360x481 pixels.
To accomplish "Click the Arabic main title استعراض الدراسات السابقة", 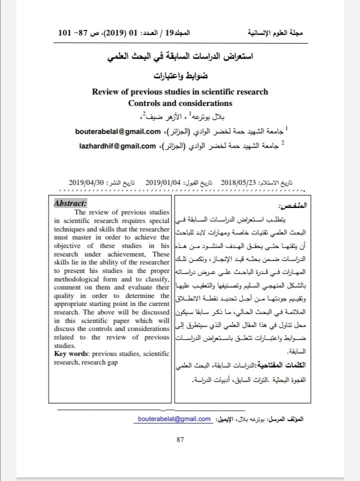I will (x=180, y=58).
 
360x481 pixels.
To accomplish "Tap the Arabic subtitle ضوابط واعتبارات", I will (x=180, y=77).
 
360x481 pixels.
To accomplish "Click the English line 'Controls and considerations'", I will (x=180, y=103).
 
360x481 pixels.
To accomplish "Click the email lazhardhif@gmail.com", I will (x=115, y=146).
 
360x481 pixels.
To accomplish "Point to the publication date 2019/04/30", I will (x=86, y=182).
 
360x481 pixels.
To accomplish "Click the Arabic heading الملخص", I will (x=292, y=206).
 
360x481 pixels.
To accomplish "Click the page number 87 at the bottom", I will (x=180, y=439).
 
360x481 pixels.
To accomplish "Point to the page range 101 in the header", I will (x=65, y=33).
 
